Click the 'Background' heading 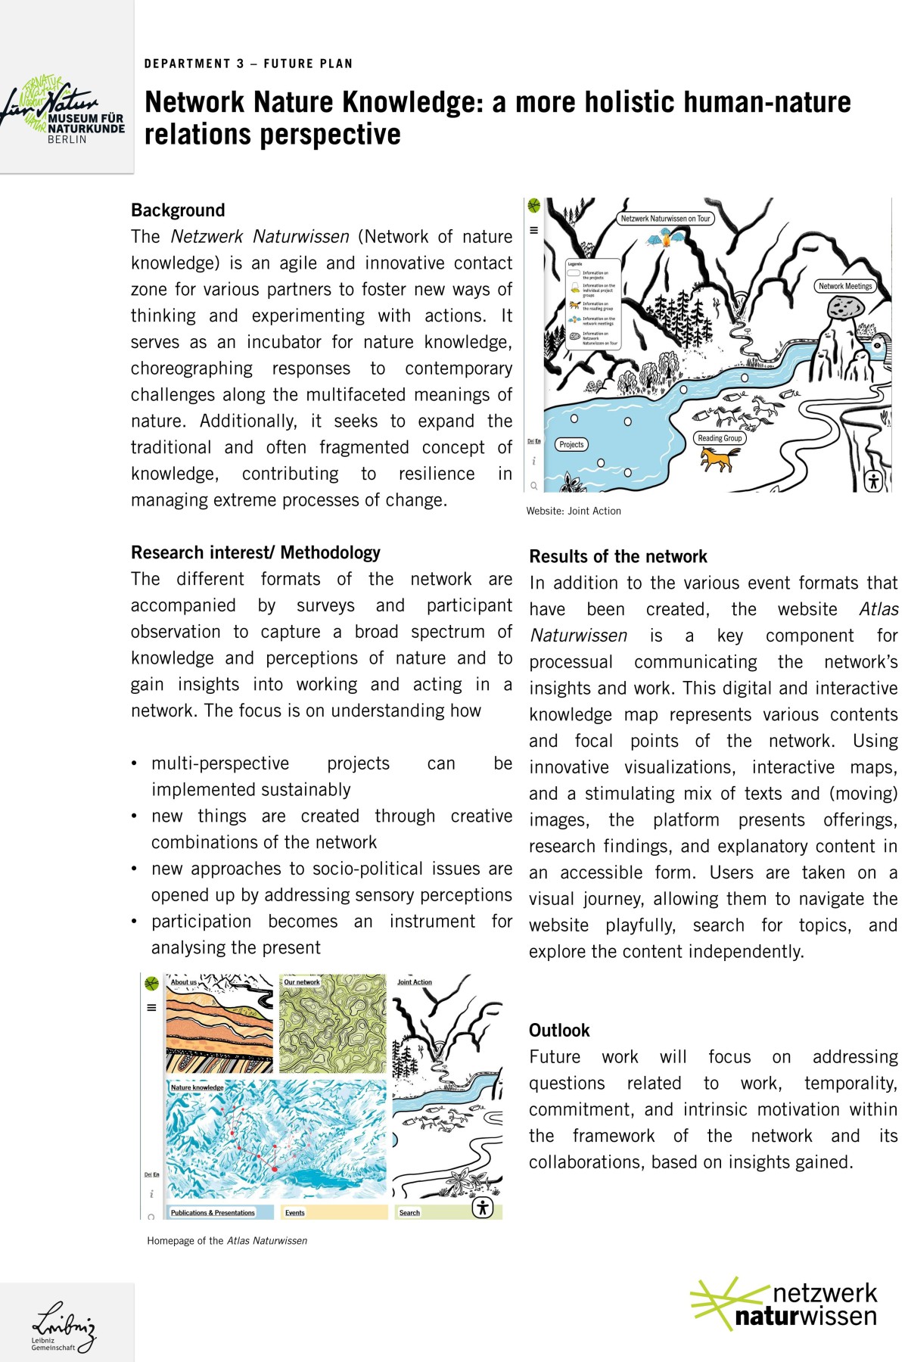click(x=178, y=210)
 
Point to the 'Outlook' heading click(x=559, y=1031)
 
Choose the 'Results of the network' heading click(x=618, y=557)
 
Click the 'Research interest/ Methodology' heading click(x=256, y=553)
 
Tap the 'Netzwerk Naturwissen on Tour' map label click(x=665, y=219)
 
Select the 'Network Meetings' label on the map click(x=844, y=286)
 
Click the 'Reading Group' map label click(x=720, y=438)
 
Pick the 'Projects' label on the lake click(x=571, y=445)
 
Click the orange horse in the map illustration click(x=719, y=459)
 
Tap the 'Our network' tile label click(x=302, y=982)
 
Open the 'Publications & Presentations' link click(x=213, y=1213)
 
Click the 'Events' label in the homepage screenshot click(x=295, y=1213)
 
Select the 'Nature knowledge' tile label click(x=197, y=1087)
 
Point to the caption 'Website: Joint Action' click(x=574, y=512)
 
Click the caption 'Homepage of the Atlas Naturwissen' click(x=227, y=1241)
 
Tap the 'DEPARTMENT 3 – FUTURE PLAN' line click(x=248, y=64)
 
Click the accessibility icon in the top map click(x=873, y=480)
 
